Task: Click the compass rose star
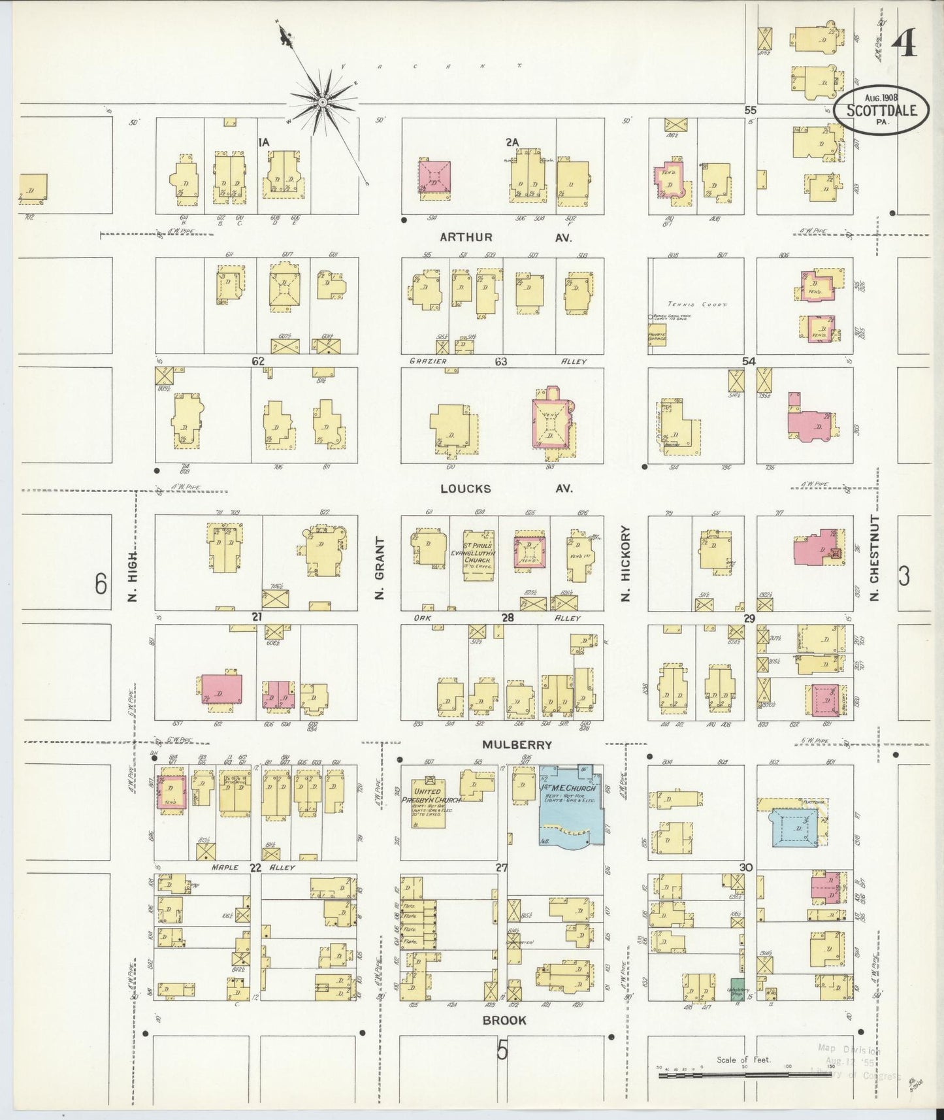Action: coord(322,103)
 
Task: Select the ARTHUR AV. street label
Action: coord(504,238)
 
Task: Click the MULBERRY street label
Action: coord(517,744)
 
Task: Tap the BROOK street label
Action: coord(504,1019)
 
